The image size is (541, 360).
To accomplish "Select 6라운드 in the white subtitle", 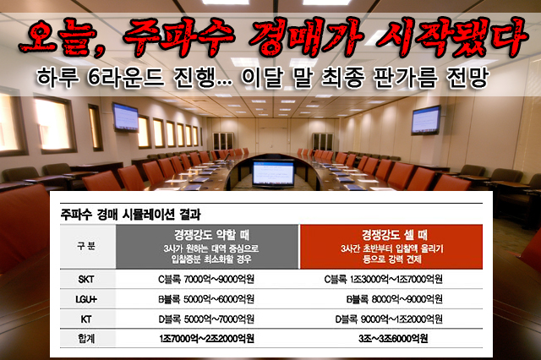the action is (x=126, y=77).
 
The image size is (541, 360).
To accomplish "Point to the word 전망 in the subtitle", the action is (x=467, y=77).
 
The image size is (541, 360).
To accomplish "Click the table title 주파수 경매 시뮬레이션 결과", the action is (x=130, y=215).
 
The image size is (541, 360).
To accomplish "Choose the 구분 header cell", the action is (x=86, y=246).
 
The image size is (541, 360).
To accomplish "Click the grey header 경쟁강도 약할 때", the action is (x=211, y=235).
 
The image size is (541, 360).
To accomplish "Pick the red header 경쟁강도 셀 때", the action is (x=395, y=235).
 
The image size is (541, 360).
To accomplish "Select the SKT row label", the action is (x=86, y=280).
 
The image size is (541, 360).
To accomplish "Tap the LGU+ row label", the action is (x=86, y=299).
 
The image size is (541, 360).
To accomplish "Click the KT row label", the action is (x=86, y=319).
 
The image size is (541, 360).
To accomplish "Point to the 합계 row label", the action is (x=86, y=339).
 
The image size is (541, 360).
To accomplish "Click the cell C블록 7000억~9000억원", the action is (x=206, y=280).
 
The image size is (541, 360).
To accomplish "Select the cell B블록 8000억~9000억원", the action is (x=395, y=299).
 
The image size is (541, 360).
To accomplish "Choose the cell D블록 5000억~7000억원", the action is (x=206, y=319).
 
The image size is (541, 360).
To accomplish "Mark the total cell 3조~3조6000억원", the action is (x=393, y=339).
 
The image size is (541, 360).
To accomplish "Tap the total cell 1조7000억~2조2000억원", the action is (x=206, y=339).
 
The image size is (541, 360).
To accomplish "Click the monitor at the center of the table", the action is (x=273, y=174).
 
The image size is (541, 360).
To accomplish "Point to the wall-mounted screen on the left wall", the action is (x=125, y=117).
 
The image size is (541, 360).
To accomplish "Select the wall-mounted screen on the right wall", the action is (x=426, y=120).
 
